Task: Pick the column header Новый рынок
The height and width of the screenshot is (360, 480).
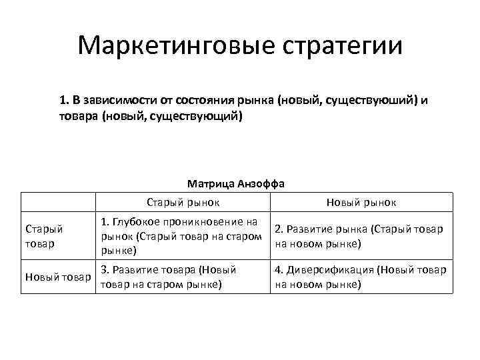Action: tap(362, 202)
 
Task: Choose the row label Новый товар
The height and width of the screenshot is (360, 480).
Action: tap(57, 277)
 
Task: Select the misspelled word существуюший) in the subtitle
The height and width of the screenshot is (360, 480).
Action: tap(381, 101)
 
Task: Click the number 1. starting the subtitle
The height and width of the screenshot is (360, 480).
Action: tap(63, 101)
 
